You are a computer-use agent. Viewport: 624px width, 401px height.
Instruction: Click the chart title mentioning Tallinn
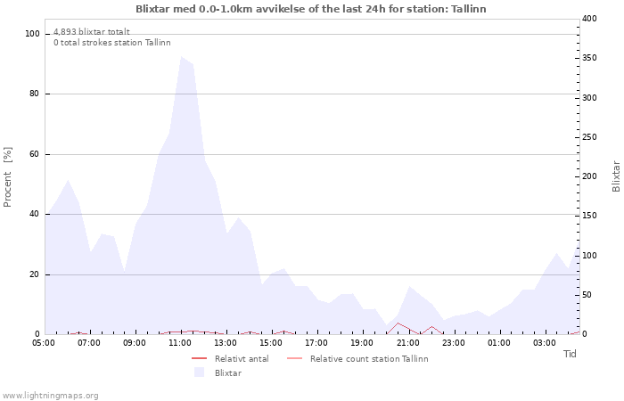[311, 9]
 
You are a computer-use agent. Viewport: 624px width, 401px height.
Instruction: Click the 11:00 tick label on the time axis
[180, 342]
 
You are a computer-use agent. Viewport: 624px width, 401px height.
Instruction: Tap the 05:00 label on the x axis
[44, 342]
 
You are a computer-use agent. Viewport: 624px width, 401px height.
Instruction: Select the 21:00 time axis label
[408, 342]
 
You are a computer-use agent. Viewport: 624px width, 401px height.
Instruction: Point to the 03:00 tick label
[545, 342]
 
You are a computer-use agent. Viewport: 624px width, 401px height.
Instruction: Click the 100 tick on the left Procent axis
[33, 34]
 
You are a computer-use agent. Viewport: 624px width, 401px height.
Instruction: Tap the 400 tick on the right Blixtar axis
[589, 19]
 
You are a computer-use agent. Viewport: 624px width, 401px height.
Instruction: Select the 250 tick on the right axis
[589, 137]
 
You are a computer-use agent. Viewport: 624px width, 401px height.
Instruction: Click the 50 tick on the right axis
[587, 295]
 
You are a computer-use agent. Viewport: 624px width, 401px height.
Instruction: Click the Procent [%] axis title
[8, 176]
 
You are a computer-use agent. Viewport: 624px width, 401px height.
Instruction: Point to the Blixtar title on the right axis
[615, 176]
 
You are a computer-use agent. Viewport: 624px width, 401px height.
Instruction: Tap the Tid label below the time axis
[570, 354]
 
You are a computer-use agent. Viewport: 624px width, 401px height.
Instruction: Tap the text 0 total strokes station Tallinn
[111, 42]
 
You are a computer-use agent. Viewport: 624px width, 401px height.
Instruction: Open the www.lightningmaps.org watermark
[50, 395]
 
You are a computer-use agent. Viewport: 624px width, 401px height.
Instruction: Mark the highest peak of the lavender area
[182, 57]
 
